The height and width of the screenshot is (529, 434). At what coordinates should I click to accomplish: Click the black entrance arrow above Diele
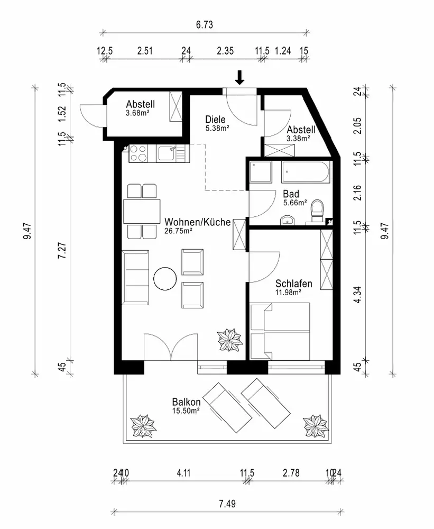240,78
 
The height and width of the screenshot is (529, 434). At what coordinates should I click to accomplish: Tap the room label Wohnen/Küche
197,222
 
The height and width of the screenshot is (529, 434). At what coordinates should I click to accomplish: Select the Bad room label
291,194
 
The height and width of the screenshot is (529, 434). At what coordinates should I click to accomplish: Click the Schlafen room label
293,284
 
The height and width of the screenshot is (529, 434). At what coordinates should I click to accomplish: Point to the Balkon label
186,402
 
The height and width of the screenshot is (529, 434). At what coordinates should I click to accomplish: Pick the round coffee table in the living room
165,278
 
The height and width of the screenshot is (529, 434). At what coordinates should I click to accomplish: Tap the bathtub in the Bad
306,171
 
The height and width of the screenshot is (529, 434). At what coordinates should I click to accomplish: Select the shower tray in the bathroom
260,171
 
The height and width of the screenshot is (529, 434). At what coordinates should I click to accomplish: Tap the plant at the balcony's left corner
143,425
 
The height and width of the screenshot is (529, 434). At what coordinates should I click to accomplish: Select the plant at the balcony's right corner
317,425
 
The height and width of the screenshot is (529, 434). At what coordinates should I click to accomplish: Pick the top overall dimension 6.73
204,25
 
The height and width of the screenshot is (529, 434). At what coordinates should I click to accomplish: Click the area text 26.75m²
178,231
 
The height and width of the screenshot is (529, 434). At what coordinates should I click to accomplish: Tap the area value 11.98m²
288,291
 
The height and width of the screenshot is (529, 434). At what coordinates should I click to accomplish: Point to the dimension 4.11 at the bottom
183,472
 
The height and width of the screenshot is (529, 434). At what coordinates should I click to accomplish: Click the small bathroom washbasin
288,220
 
